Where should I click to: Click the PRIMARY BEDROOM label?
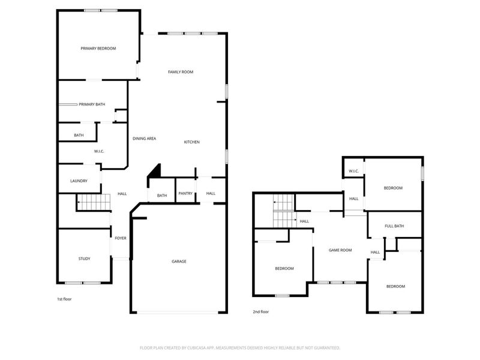98,49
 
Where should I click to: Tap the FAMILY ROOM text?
180,72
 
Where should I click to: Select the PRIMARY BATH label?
92,104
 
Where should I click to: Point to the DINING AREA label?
145,139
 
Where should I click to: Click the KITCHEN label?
192,142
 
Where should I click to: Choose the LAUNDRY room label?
79,181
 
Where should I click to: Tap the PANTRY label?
185,193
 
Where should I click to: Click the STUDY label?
84,259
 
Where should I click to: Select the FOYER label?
121,238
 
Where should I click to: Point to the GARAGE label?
179,261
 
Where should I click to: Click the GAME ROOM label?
340,250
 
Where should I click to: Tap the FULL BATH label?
394,226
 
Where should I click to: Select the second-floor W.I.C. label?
353,172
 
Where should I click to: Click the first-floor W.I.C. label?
99,151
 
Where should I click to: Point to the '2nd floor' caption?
260,312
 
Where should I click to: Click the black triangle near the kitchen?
155,171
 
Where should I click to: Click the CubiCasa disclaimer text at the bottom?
240,347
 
